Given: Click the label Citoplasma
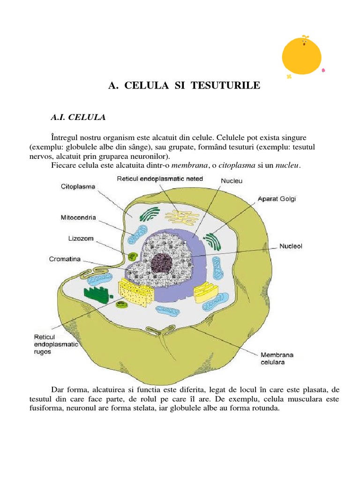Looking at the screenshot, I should [78, 187].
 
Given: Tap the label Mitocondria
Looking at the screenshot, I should [78, 217].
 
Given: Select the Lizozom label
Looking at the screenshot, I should [81, 239].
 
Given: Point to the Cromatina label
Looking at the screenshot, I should [66, 259].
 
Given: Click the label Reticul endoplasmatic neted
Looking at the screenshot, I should [160, 179].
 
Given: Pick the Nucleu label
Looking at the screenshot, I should [231, 180].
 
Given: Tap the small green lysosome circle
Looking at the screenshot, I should [132, 256].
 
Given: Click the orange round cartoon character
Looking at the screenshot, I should [302, 56].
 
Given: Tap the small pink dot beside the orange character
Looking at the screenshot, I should [323, 71].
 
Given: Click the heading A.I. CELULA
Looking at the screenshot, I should [78, 117].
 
